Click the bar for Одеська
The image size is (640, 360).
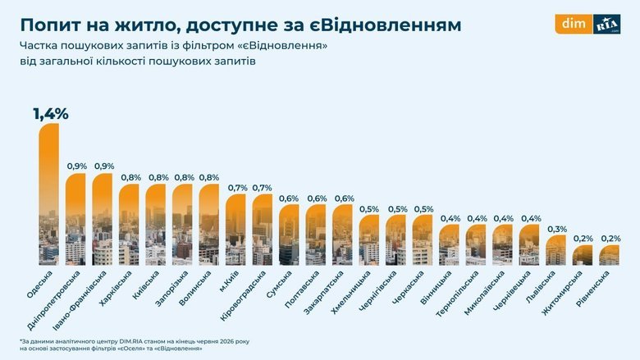[x=49, y=194]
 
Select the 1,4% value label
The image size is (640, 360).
[x=51, y=114]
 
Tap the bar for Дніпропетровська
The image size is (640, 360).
[x=75, y=219]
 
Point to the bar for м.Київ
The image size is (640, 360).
[x=235, y=230]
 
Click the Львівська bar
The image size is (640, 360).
[x=555, y=250]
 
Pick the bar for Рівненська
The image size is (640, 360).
[x=609, y=255]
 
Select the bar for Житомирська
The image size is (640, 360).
[x=583, y=255]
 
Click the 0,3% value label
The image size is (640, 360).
[x=557, y=229]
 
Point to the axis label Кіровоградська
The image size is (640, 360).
[x=242, y=295]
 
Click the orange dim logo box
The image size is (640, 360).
[x=574, y=24]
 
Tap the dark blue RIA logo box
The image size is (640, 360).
[x=606, y=24]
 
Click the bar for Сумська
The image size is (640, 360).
[x=289, y=235]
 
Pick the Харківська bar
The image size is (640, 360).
[x=129, y=225]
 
